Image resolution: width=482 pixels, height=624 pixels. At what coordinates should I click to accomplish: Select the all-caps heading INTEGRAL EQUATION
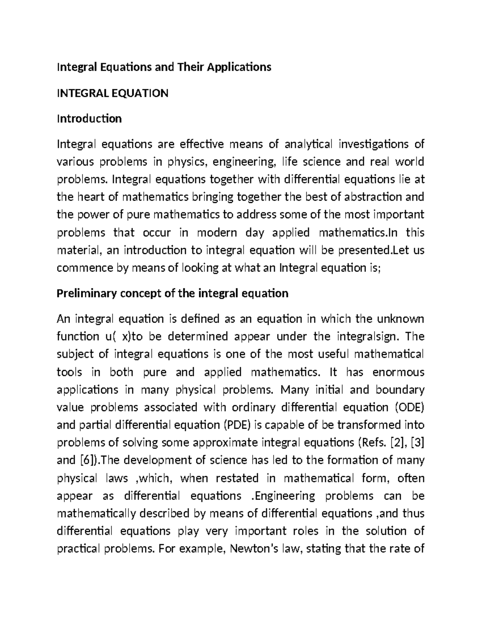(x=112, y=93)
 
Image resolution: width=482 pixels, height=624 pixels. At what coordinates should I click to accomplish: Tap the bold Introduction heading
(x=89, y=119)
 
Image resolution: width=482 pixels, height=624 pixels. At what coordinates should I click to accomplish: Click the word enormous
(x=398, y=372)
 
